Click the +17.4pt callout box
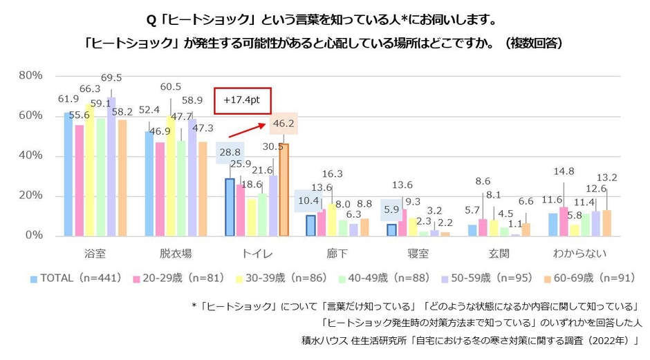[x=241, y=100]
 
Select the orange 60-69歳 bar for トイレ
[x=284, y=189]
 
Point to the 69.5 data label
[x=111, y=77]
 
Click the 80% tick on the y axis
[x=30, y=75]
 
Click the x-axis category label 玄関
[x=497, y=253]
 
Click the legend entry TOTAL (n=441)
[x=76, y=278]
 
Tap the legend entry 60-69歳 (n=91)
[x=587, y=278]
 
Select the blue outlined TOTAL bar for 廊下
[x=310, y=225]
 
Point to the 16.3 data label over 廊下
[x=333, y=174]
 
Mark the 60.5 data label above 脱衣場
[x=170, y=86]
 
